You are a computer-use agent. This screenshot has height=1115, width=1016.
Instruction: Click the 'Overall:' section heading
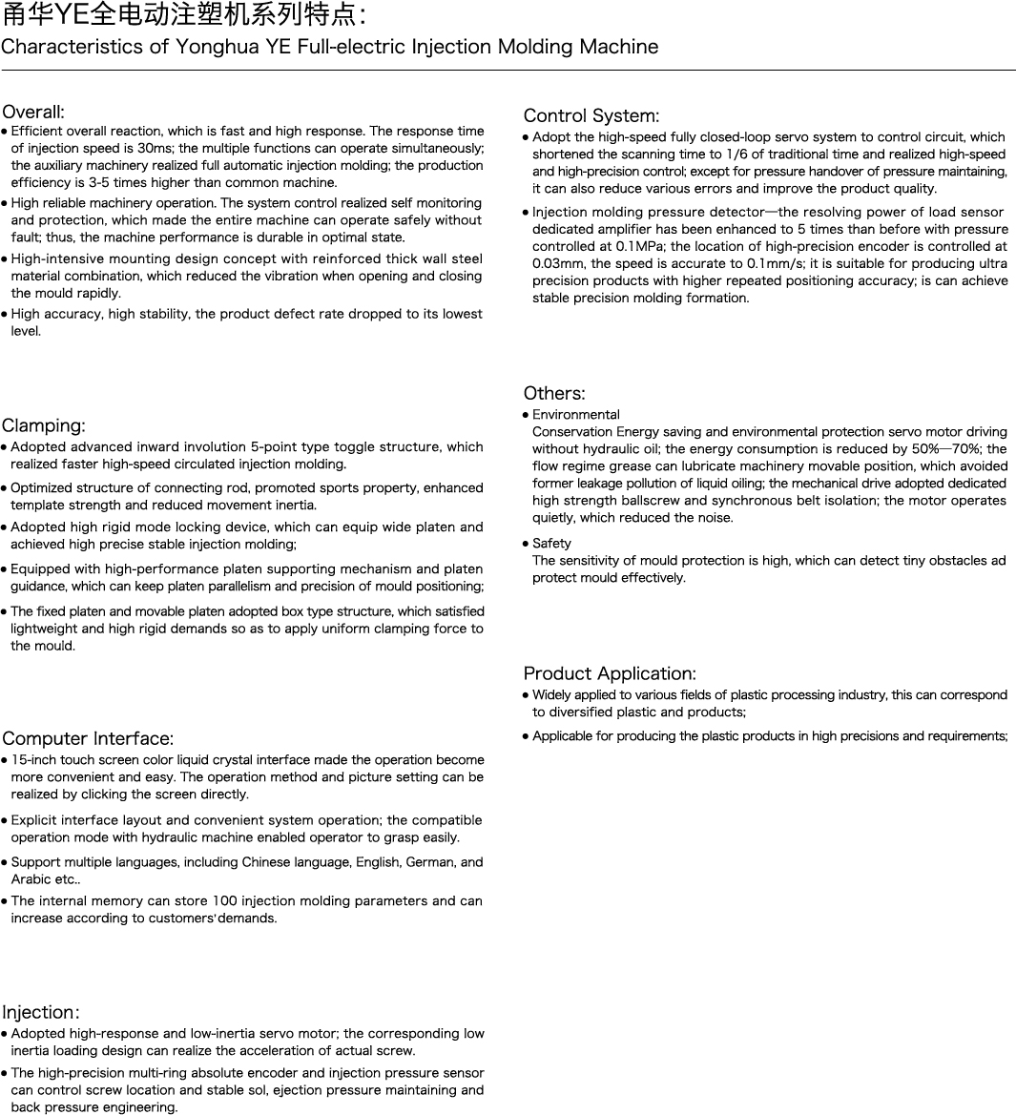click(x=33, y=112)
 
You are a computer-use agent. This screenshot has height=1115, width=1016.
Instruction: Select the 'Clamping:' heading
click(x=44, y=425)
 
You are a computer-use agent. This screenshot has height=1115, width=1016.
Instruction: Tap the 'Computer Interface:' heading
click(x=88, y=738)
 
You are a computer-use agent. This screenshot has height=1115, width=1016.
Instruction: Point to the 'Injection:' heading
click(x=40, y=1012)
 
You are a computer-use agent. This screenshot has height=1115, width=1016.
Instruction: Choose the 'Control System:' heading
click(x=591, y=116)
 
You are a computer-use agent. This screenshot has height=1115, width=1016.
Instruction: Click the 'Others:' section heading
click(x=554, y=393)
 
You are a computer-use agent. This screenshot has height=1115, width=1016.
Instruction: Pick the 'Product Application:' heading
click(x=610, y=673)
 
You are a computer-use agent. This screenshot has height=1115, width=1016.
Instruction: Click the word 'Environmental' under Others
click(x=575, y=415)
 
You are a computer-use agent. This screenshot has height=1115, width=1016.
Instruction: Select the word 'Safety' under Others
click(x=551, y=544)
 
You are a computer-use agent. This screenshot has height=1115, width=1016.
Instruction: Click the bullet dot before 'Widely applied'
click(x=526, y=695)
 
